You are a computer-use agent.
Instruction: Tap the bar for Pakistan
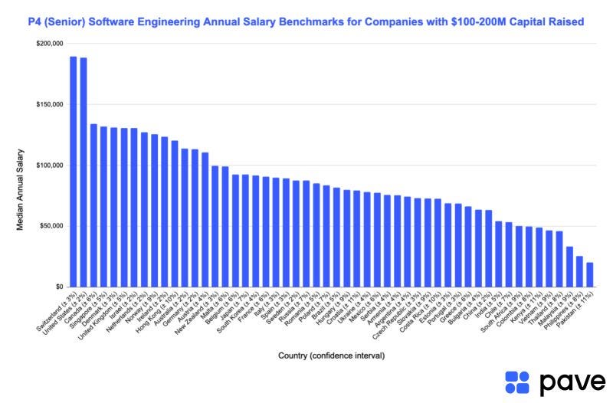pos(590,275)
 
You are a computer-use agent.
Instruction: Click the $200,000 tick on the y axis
pos(50,44)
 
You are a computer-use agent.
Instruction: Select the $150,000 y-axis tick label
pos(50,104)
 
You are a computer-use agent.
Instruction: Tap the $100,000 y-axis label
pos(50,165)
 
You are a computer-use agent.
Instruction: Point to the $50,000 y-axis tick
pos(51,226)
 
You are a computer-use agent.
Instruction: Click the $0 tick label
pos(58,287)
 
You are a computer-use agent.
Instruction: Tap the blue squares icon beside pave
pos(518,382)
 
